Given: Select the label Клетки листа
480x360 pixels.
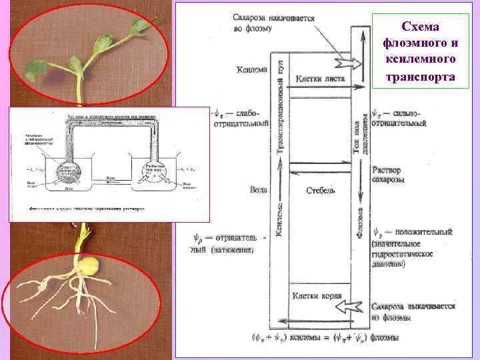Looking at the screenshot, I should [316, 78].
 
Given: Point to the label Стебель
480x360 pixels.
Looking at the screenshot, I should [321, 191].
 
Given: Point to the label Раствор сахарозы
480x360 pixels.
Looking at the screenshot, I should [388, 175].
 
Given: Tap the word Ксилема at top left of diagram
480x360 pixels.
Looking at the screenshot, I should [252, 69].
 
